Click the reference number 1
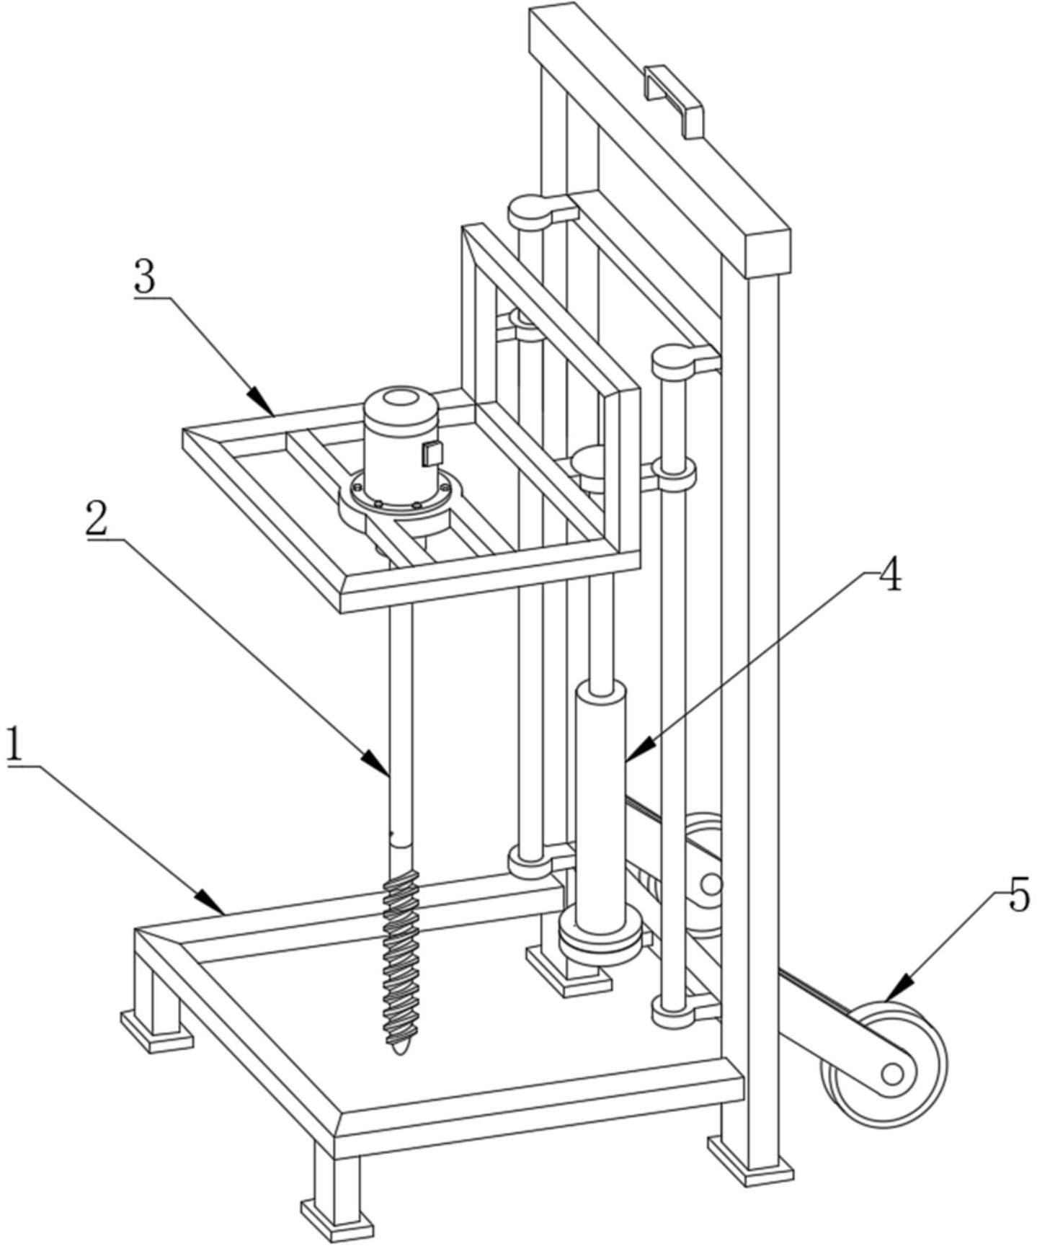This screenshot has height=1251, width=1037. (x=14, y=745)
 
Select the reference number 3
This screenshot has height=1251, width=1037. (x=145, y=277)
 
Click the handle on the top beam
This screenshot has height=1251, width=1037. (x=674, y=101)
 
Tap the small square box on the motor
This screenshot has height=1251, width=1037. (x=432, y=453)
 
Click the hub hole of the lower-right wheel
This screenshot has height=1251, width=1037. (x=892, y=1074)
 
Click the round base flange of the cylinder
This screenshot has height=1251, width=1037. (x=600, y=936)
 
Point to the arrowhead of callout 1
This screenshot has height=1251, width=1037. (x=211, y=901)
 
